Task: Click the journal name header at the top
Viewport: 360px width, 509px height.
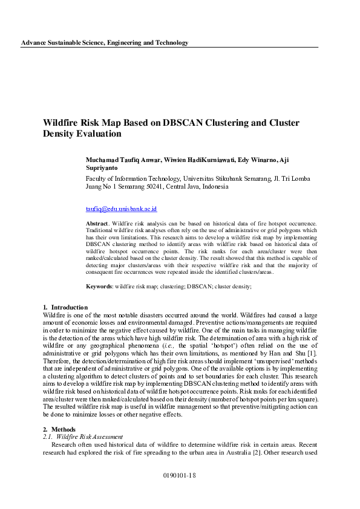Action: (x=105, y=42)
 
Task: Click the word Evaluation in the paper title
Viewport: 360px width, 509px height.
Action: (x=100, y=134)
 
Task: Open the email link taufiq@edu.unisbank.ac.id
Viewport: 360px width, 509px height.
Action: (x=121, y=209)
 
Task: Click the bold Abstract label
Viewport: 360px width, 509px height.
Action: (x=97, y=224)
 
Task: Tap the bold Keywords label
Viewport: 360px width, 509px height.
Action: (x=99, y=286)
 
